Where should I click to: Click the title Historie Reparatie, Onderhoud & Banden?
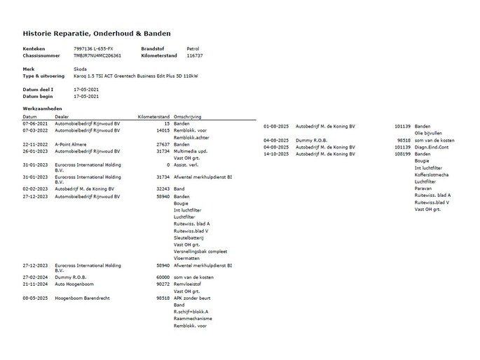click(97, 34)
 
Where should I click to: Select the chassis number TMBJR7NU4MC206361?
click(97, 55)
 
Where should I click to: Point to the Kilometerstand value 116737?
click(194, 55)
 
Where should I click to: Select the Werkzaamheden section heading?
click(41, 110)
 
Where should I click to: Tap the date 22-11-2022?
click(34, 144)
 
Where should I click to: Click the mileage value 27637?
click(163, 144)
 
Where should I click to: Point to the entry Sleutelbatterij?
click(191, 238)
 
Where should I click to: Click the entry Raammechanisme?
click(193, 319)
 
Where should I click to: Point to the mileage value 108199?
click(402, 154)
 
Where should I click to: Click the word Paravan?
click(423, 188)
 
